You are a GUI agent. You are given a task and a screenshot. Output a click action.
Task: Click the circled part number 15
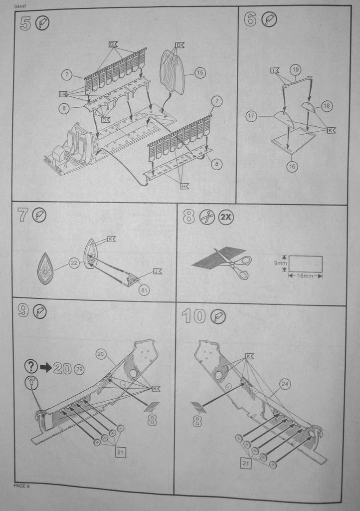coord(199,73)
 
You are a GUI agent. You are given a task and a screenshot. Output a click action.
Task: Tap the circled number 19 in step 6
coord(295,70)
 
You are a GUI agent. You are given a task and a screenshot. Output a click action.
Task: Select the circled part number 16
coord(292,167)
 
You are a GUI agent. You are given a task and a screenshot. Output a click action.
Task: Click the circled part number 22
coord(74,263)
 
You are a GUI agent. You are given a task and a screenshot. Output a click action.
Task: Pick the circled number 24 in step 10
coord(285,384)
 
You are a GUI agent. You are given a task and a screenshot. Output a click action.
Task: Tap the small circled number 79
coord(79,370)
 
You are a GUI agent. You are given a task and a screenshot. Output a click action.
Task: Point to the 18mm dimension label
coord(305,275)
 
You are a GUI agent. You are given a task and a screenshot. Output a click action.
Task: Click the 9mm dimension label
coord(280,261)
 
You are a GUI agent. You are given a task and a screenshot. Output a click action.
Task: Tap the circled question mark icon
coord(31,367)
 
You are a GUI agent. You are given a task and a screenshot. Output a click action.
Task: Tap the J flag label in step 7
coord(157,271)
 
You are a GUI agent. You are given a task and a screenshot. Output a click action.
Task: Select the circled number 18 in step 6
coord(327,106)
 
